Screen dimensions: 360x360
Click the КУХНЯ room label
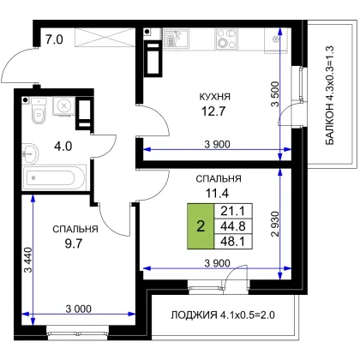(x=214, y=97)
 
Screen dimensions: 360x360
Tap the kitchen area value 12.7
(x=213, y=111)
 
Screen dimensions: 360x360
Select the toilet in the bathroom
(x=39, y=111)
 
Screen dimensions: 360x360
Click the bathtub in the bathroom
(x=54, y=177)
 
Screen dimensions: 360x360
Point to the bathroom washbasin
(x=30, y=153)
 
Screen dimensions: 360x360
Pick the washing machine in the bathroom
(x=63, y=106)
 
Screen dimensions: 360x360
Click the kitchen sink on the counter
(x=176, y=39)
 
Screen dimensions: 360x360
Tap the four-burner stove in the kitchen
(x=226, y=39)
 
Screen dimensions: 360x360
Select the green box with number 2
(x=201, y=226)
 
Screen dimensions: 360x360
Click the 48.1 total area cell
(x=233, y=242)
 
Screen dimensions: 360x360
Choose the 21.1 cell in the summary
(x=233, y=211)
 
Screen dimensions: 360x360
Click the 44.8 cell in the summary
(x=233, y=226)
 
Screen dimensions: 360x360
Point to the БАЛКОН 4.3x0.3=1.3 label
(x=329, y=95)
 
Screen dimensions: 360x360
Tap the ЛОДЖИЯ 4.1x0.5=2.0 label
(x=223, y=315)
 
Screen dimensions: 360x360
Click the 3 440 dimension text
(x=28, y=260)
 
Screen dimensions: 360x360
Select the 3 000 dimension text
(x=79, y=309)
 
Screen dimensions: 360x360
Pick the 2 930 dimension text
(x=275, y=224)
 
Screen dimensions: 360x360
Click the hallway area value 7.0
(x=54, y=39)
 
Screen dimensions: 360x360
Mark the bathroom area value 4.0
(x=63, y=147)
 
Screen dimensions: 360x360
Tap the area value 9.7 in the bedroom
(x=74, y=243)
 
